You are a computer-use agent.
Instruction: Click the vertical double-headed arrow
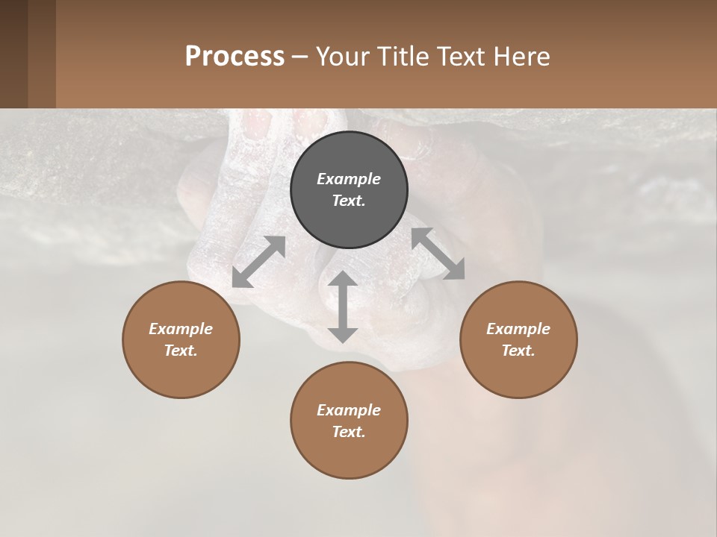click(343, 307)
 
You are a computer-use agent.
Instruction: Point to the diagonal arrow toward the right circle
click(438, 254)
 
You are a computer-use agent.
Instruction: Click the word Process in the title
click(235, 56)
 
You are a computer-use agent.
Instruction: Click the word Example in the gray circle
click(349, 179)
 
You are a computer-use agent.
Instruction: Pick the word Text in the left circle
click(181, 351)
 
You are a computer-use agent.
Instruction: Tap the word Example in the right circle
click(518, 329)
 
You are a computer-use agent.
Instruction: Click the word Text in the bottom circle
click(349, 432)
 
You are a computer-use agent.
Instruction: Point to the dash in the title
click(300, 57)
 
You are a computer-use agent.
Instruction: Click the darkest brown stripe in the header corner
click(13, 54)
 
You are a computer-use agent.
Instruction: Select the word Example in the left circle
click(181, 329)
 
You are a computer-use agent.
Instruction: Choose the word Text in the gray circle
click(349, 201)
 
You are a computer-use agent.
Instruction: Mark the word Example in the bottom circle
click(349, 410)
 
